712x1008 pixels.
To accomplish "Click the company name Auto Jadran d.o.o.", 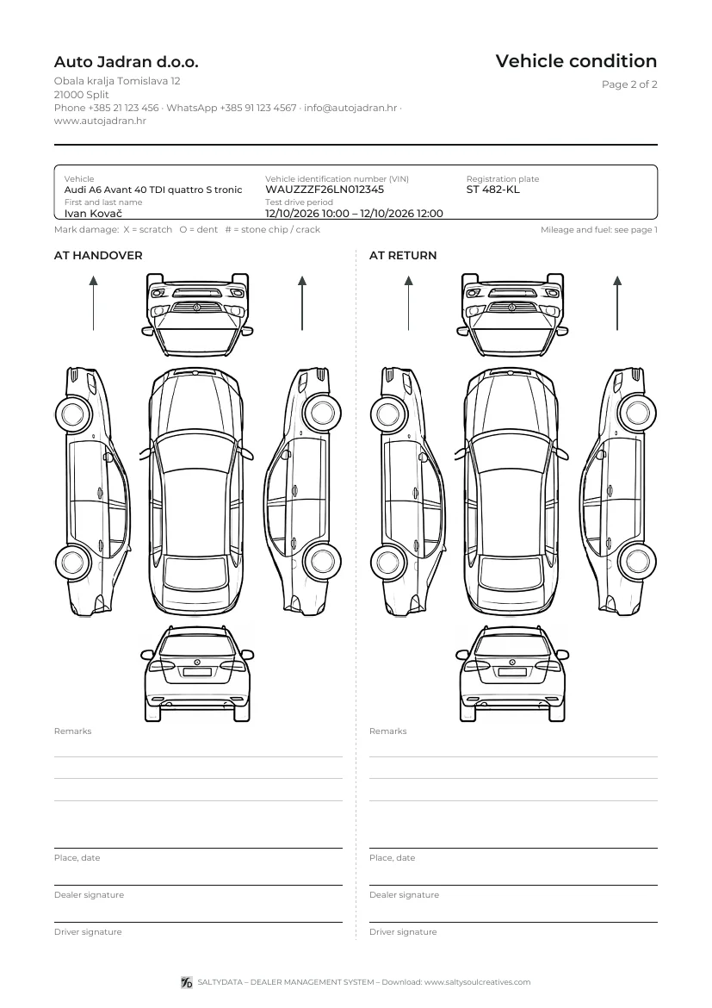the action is pyautogui.click(x=126, y=62).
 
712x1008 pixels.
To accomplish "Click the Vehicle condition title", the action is pyautogui.click(x=576, y=61).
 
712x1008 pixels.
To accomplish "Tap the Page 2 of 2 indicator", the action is pyautogui.click(x=629, y=84).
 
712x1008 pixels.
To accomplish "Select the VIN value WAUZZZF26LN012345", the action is pyautogui.click(x=325, y=190).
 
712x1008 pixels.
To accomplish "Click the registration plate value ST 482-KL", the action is pyautogui.click(x=492, y=190).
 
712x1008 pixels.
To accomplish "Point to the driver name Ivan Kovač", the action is pyautogui.click(x=93, y=214).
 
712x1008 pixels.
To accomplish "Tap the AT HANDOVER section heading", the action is pyautogui.click(x=98, y=255).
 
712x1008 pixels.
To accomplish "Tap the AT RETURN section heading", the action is pyautogui.click(x=403, y=255).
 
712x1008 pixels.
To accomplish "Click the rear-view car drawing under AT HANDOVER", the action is pyautogui.click(x=197, y=673).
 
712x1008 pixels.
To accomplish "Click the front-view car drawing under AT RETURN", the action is pyautogui.click(x=512, y=314).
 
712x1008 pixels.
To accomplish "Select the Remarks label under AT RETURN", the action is pyautogui.click(x=388, y=731).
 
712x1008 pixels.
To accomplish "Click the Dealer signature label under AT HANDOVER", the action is pyautogui.click(x=89, y=895).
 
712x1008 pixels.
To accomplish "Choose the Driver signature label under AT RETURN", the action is pyautogui.click(x=403, y=932).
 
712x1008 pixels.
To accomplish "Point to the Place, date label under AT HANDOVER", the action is pyautogui.click(x=77, y=857).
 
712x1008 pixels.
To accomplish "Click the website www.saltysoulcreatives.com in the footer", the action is pyautogui.click(x=478, y=982).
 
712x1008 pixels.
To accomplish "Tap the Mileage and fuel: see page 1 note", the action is pyautogui.click(x=599, y=229).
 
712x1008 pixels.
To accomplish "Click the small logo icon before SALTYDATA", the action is pyautogui.click(x=187, y=982).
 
